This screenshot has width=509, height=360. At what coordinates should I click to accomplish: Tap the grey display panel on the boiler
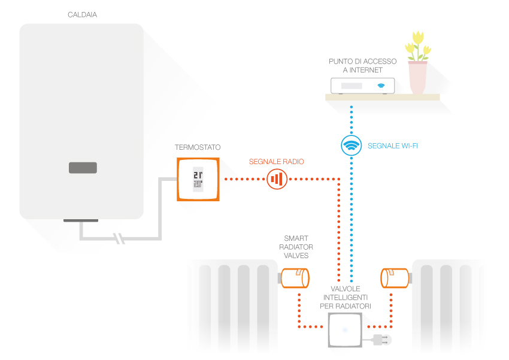click(82, 168)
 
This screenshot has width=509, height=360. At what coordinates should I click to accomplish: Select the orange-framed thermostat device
click(198, 179)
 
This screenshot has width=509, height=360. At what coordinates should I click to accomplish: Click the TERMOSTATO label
click(198, 147)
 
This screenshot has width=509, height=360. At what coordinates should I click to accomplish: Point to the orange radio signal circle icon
click(277, 179)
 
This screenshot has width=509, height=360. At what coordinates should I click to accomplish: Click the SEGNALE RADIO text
click(277, 162)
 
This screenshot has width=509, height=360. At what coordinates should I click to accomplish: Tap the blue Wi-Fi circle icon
click(352, 145)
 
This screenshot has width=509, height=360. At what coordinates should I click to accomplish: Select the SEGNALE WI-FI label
click(393, 146)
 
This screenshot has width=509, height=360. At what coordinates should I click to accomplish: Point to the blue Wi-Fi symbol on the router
click(380, 86)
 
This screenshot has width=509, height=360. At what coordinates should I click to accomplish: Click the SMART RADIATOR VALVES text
click(296, 247)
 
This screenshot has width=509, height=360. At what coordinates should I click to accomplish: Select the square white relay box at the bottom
click(346, 329)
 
